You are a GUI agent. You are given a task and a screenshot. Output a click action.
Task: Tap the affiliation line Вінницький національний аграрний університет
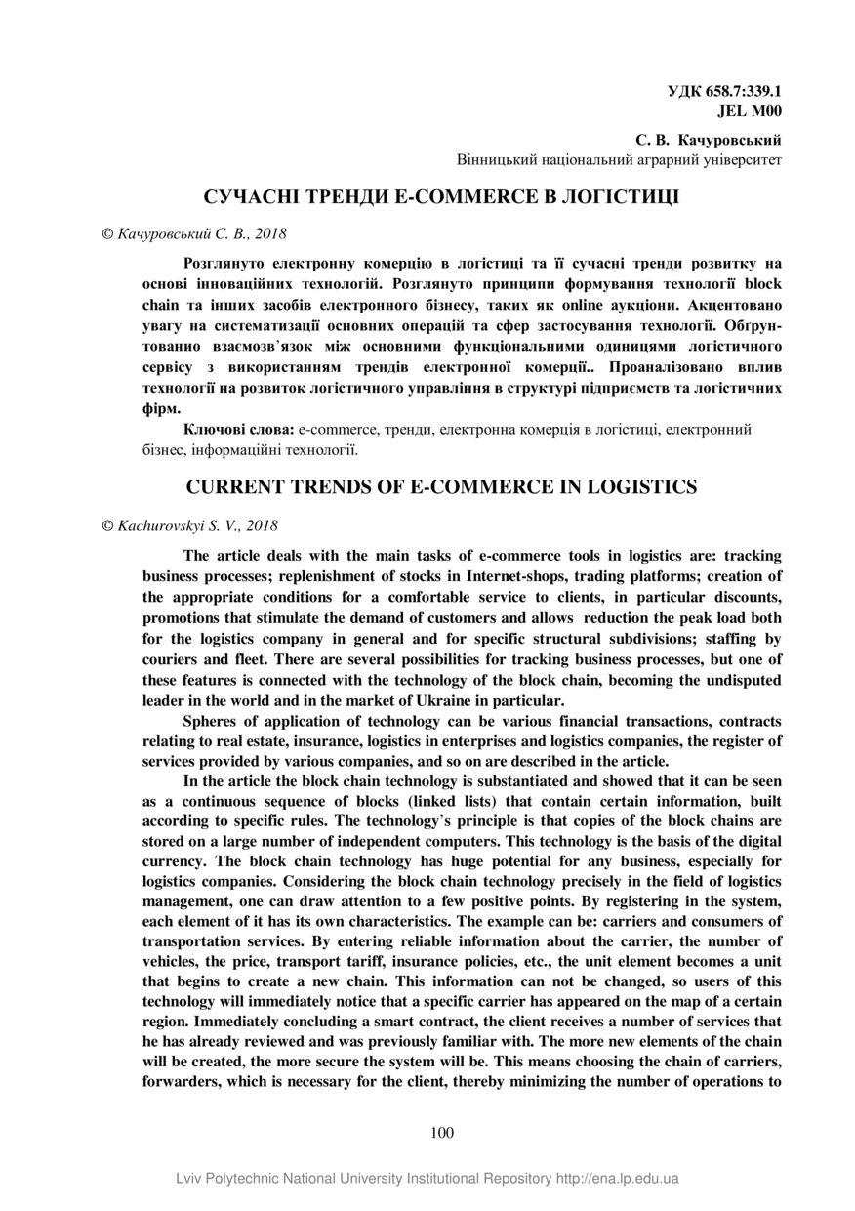620,158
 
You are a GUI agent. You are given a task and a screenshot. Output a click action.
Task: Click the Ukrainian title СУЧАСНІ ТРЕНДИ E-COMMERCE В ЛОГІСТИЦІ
441,197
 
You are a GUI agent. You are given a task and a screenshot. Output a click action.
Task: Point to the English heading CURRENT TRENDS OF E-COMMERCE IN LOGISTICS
441,486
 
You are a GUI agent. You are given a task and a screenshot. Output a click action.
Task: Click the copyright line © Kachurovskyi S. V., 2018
190,525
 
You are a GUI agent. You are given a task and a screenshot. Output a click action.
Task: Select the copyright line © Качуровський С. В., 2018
194,234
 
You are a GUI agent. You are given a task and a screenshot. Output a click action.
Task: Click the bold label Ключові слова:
238,429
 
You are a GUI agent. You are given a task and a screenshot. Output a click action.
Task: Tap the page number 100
442,1133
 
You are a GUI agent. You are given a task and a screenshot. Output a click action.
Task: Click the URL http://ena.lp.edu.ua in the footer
618,1179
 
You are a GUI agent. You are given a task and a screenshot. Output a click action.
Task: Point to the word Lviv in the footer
191,1179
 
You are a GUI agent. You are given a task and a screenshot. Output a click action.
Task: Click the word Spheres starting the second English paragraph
208,722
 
